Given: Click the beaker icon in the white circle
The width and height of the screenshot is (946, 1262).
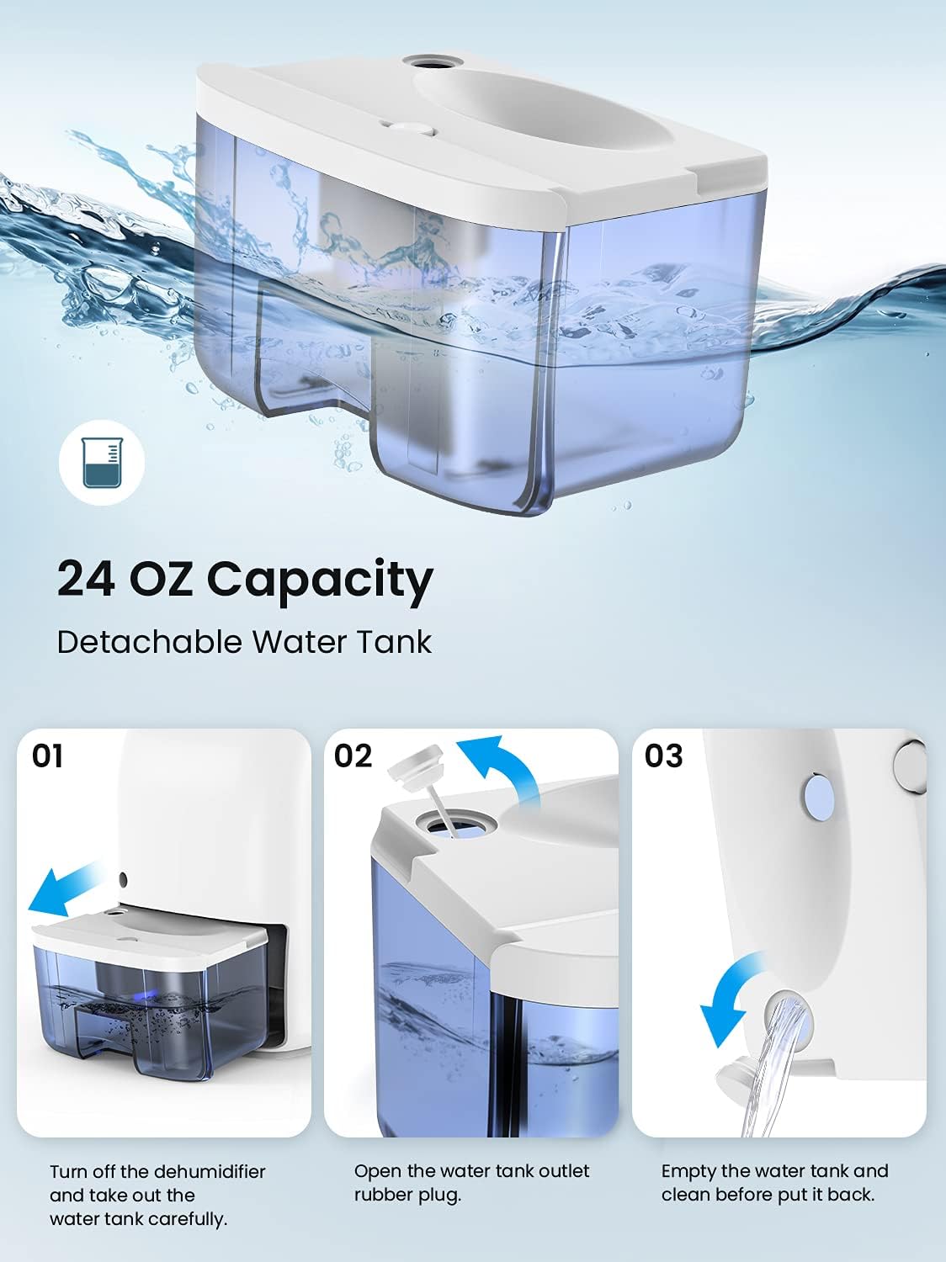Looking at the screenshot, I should coord(101,463).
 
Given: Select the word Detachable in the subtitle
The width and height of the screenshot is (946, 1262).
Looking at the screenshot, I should coord(149,642).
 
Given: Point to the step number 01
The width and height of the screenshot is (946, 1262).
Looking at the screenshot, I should coord(48,756).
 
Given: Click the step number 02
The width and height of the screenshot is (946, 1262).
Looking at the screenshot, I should coord(353,756).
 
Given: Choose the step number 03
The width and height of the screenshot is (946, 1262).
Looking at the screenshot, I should coord(663,756).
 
